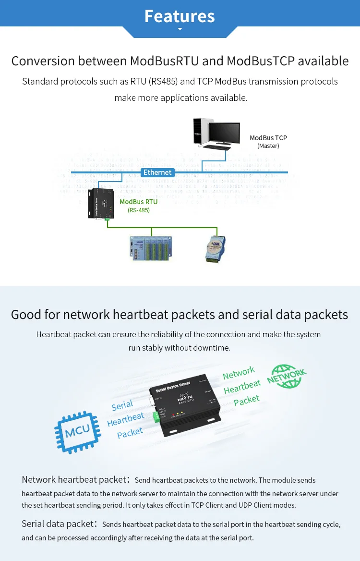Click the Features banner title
click(180, 16)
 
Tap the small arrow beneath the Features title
click(180, 29)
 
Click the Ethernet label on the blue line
click(157, 172)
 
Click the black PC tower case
click(200, 131)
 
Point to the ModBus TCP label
click(268, 138)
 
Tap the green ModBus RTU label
click(138, 202)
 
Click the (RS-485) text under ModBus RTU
click(138, 210)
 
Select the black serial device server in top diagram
click(101, 204)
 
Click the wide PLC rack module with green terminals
click(150, 248)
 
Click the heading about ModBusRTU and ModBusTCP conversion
click(180, 61)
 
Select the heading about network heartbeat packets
click(180, 315)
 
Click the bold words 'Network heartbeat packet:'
click(75, 479)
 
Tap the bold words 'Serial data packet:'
click(60, 524)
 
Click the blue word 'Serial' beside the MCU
click(122, 405)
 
